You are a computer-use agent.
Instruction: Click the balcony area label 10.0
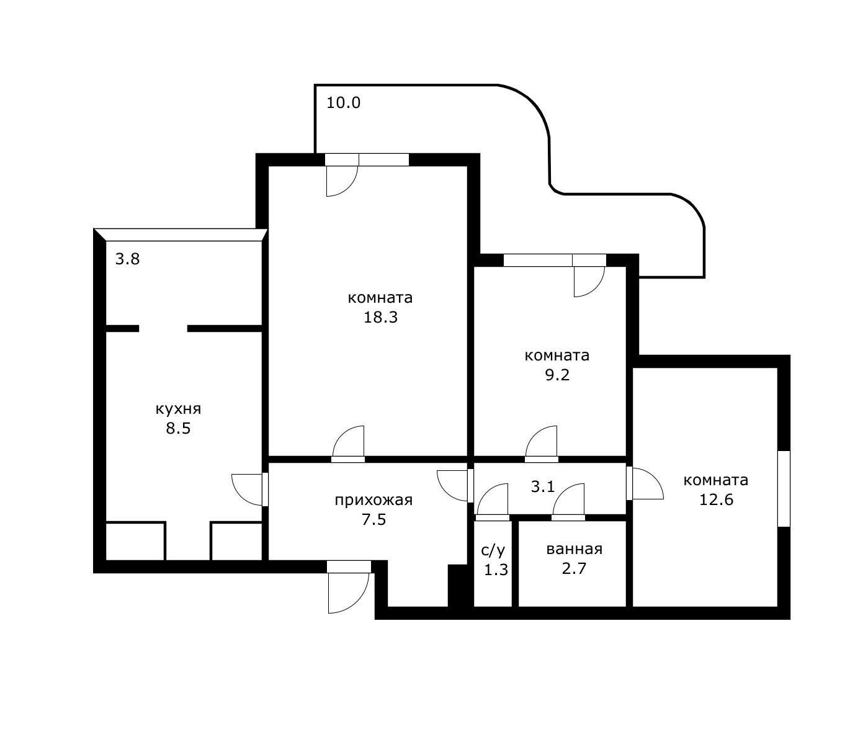pos(344,103)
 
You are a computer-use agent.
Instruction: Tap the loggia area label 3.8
pos(128,259)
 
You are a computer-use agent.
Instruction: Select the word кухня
pos(178,409)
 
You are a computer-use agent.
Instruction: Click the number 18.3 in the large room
pos(380,318)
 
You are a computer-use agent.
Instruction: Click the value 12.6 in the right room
pos(717,499)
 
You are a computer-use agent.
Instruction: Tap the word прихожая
pos(373,500)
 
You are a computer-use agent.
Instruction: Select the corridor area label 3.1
pos(543,487)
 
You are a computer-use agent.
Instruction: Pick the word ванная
pos(574,550)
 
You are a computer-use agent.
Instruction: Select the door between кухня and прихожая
pos(248,489)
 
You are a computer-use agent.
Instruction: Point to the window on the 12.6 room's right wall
pos(784,489)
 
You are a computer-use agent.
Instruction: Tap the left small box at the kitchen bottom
pos(135,541)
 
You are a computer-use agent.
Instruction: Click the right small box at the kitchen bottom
pos(236,541)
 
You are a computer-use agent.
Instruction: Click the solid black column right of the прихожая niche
pos(457,586)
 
